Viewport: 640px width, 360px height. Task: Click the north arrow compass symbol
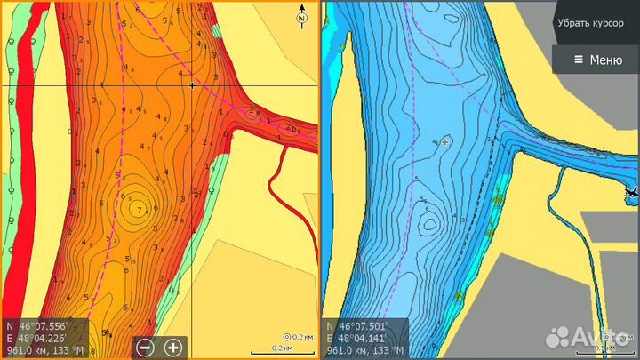(x=302, y=18)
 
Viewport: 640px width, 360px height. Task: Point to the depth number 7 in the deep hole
(x=139, y=208)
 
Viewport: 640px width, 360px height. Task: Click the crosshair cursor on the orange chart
(x=192, y=85)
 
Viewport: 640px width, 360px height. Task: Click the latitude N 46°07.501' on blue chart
(x=359, y=325)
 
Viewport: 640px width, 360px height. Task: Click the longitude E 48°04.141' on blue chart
(x=359, y=338)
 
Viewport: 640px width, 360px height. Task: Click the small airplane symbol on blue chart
(x=632, y=191)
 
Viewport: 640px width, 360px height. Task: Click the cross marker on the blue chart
(x=445, y=141)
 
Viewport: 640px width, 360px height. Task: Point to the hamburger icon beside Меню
(x=579, y=60)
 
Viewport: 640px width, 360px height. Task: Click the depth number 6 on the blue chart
(x=428, y=209)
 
